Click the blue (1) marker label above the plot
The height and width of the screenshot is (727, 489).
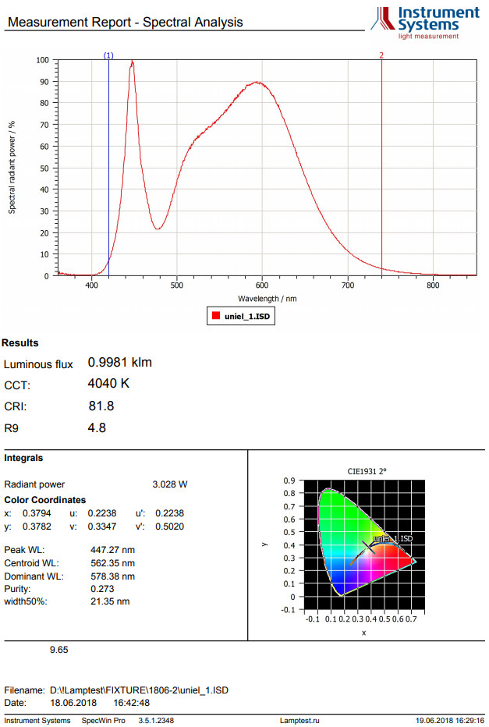point(108,55)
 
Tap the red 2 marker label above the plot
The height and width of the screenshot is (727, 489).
point(381,55)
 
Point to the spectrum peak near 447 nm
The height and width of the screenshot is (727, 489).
point(133,62)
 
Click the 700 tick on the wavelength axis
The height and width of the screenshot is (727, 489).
point(348,285)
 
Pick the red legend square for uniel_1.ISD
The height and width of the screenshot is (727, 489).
point(214,317)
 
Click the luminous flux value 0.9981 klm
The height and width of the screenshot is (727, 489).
point(120,363)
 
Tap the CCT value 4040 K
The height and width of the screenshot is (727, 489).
point(108,384)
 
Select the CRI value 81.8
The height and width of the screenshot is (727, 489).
point(101,406)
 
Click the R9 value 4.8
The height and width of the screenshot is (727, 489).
point(97,427)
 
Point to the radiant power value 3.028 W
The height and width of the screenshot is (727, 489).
point(170,484)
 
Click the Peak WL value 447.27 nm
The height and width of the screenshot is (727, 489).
point(113,549)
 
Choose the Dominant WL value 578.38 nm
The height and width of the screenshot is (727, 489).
point(113,576)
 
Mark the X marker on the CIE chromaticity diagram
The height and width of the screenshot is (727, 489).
point(369,548)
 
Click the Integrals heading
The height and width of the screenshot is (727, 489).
point(23,458)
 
